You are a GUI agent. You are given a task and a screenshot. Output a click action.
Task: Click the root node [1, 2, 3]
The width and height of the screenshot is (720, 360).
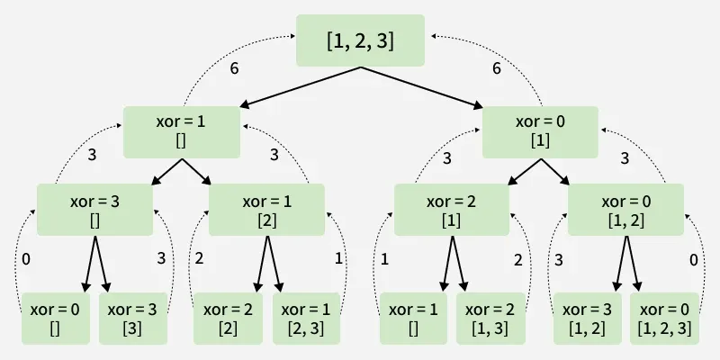[360, 40]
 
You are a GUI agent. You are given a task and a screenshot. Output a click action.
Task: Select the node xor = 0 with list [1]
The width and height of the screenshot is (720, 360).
[540, 132]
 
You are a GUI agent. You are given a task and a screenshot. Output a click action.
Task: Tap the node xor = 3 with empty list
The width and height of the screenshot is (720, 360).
[94, 210]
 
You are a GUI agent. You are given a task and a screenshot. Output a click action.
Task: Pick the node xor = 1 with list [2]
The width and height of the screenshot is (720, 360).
[266, 210]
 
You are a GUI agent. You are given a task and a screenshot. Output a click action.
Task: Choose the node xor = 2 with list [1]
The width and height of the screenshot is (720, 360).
[452, 210]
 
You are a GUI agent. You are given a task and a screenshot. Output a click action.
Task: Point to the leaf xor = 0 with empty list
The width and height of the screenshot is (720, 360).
[55, 319]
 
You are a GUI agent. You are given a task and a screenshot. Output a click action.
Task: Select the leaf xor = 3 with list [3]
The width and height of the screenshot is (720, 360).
[132, 319]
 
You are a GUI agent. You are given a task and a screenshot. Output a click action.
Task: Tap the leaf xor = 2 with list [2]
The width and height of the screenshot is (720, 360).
[228, 319]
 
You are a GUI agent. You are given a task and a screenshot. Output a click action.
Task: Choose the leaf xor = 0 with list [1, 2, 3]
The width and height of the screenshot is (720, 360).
[664, 319]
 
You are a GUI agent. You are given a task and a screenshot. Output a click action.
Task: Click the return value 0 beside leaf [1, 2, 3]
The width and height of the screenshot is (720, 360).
[693, 260]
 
